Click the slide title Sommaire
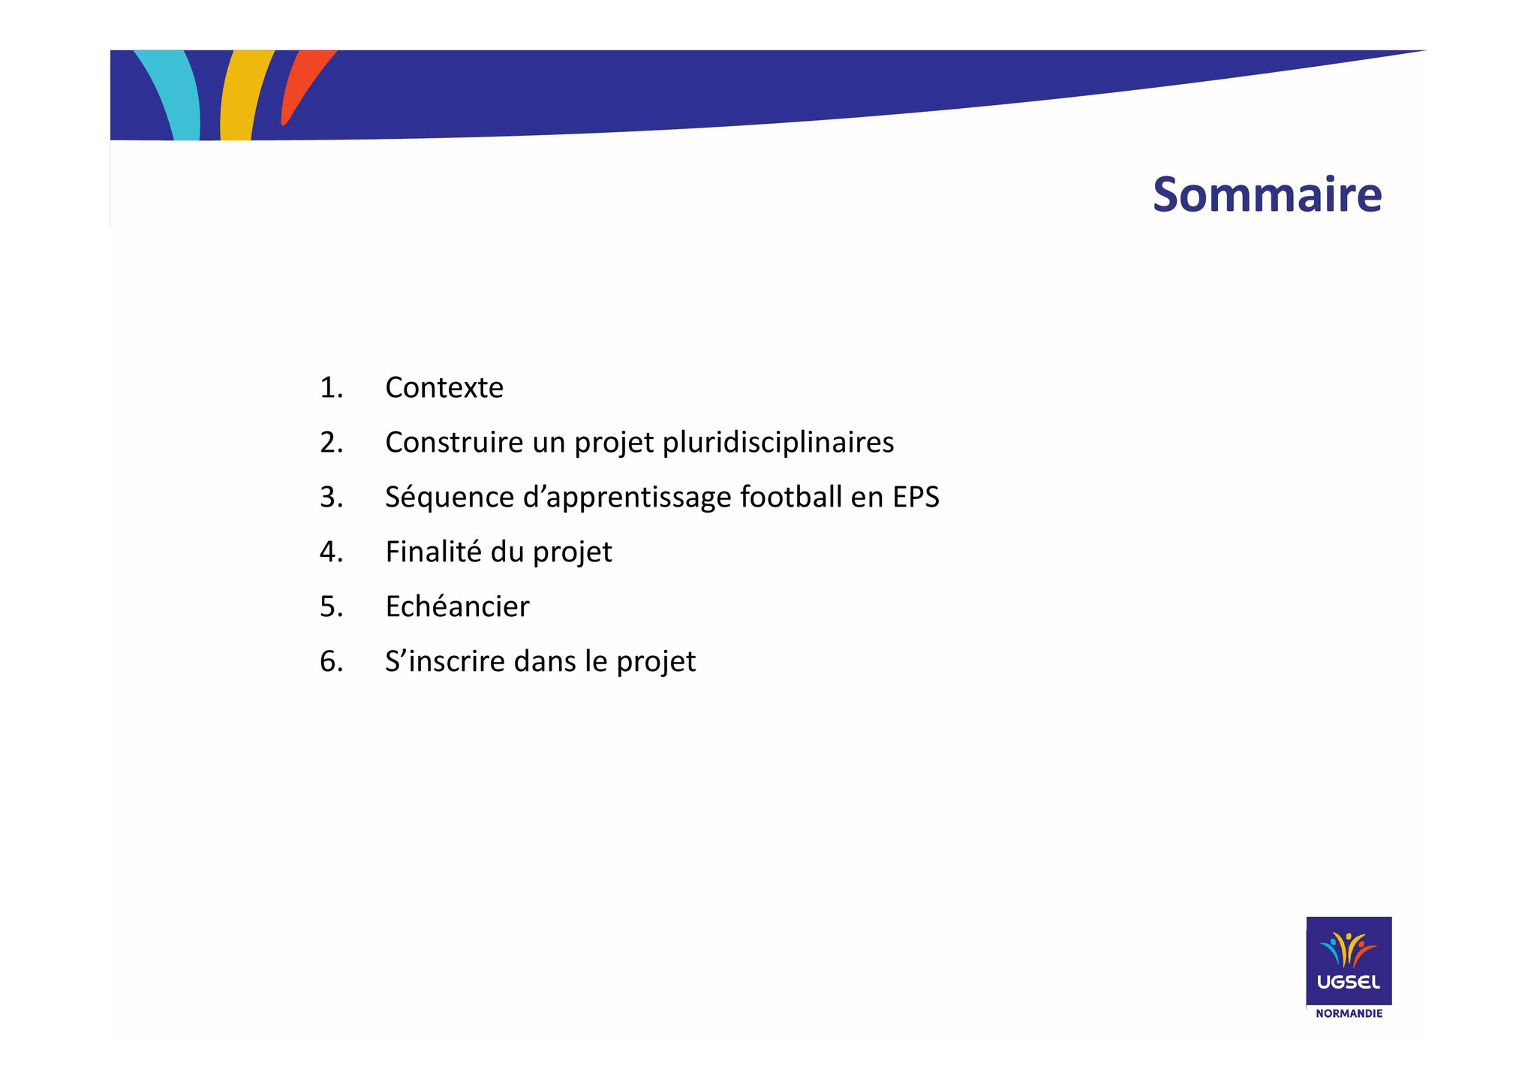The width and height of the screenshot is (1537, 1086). [1267, 194]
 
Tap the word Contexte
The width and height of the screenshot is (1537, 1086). [444, 388]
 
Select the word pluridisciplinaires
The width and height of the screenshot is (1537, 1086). [779, 443]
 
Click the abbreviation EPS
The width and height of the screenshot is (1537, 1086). [916, 498]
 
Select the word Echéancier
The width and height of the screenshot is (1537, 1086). [457, 606]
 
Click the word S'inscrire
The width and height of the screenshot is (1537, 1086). [445, 661]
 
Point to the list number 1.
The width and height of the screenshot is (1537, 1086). [331, 388]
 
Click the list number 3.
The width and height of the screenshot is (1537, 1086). [331, 498]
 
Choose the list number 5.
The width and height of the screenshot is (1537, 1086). [331, 606]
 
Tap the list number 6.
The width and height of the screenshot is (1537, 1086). [331, 661]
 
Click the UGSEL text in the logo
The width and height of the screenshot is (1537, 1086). [1349, 982]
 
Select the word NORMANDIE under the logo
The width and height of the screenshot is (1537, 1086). [1349, 1013]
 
